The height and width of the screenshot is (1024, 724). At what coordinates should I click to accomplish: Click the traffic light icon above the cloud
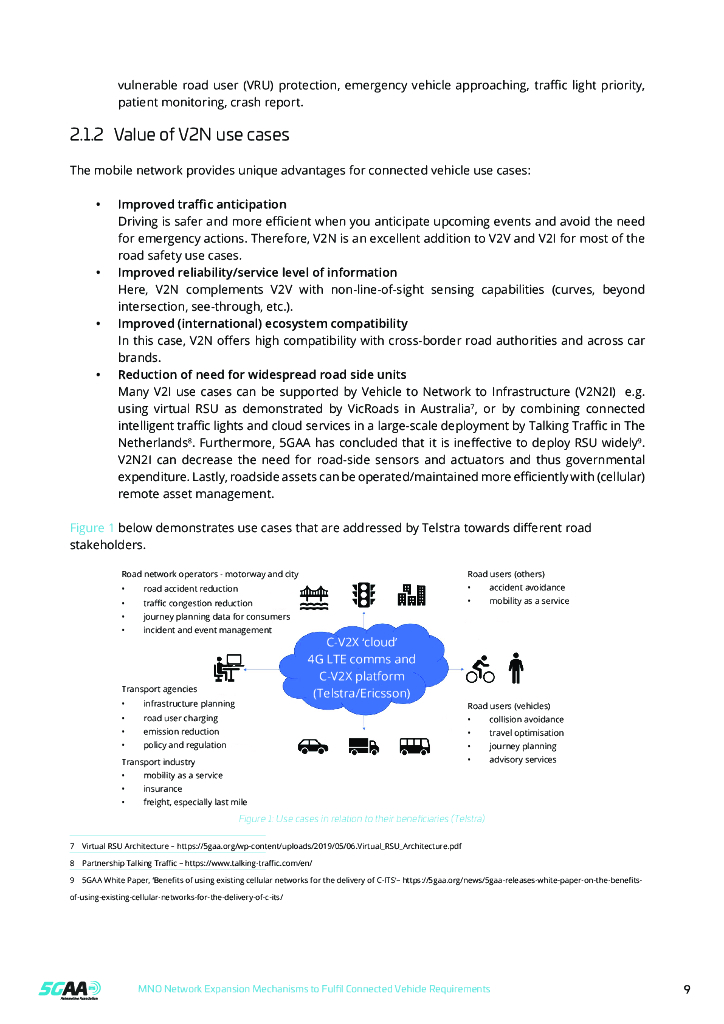coord(363,594)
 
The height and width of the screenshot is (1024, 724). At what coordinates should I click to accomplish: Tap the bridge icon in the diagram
coord(315,595)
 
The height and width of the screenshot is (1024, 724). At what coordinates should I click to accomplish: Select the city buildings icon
coord(411,595)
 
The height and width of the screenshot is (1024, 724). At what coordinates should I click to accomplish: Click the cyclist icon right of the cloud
coord(480,669)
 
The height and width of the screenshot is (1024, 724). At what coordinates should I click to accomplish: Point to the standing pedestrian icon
coord(516,668)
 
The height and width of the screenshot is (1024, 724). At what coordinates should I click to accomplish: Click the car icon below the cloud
coord(313,746)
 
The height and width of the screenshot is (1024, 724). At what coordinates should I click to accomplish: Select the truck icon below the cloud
coord(363,746)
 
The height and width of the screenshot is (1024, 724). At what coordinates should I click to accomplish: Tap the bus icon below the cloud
coord(414,746)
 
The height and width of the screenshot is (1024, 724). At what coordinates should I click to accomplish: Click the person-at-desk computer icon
coord(229,668)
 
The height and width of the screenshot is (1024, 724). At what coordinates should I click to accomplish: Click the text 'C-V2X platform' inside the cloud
coord(363,676)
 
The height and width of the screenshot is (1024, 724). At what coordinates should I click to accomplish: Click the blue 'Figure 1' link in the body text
coord(92,528)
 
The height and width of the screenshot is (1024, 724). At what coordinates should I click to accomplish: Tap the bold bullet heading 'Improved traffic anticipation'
coord(202,204)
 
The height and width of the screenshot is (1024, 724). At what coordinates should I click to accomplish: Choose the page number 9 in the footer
coord(687,989)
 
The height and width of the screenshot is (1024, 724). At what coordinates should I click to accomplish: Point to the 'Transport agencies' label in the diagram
coord(159,689)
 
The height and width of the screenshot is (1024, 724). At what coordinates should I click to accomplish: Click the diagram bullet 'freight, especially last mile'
coord(194,802)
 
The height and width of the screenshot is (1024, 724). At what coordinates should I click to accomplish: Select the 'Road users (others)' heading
coord(505,574)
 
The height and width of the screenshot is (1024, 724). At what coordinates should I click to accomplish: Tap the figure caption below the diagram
coord(362,819)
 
